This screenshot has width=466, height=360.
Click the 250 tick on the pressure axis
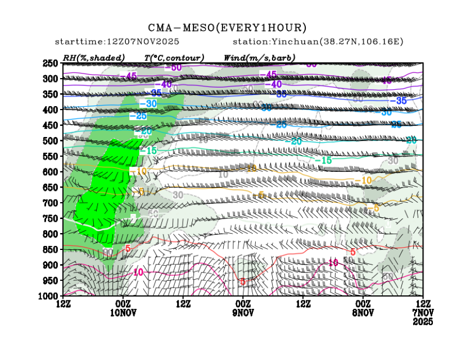click(x=51, y=63)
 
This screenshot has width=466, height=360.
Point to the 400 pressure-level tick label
click(x=51, y=110)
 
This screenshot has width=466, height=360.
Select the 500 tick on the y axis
click(x=51, y=140)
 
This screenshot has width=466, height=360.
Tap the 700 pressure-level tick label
click(x=51, y=202)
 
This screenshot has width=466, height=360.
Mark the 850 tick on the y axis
click(x=51, y=249)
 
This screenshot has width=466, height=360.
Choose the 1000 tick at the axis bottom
click(x=49, y=295)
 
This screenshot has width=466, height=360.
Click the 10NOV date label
click(x=123, y=312)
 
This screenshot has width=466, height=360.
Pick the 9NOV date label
click(x=243, y=312)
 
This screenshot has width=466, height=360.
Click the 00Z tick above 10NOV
click(x=123, y=303)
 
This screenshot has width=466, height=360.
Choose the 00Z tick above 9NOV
click(x=243, y=303)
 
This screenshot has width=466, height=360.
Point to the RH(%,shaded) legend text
click(x=94, y=58)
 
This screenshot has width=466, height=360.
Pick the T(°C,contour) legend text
click(x=174, y=58)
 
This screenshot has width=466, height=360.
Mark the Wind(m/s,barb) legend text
click(x=259, y=58)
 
